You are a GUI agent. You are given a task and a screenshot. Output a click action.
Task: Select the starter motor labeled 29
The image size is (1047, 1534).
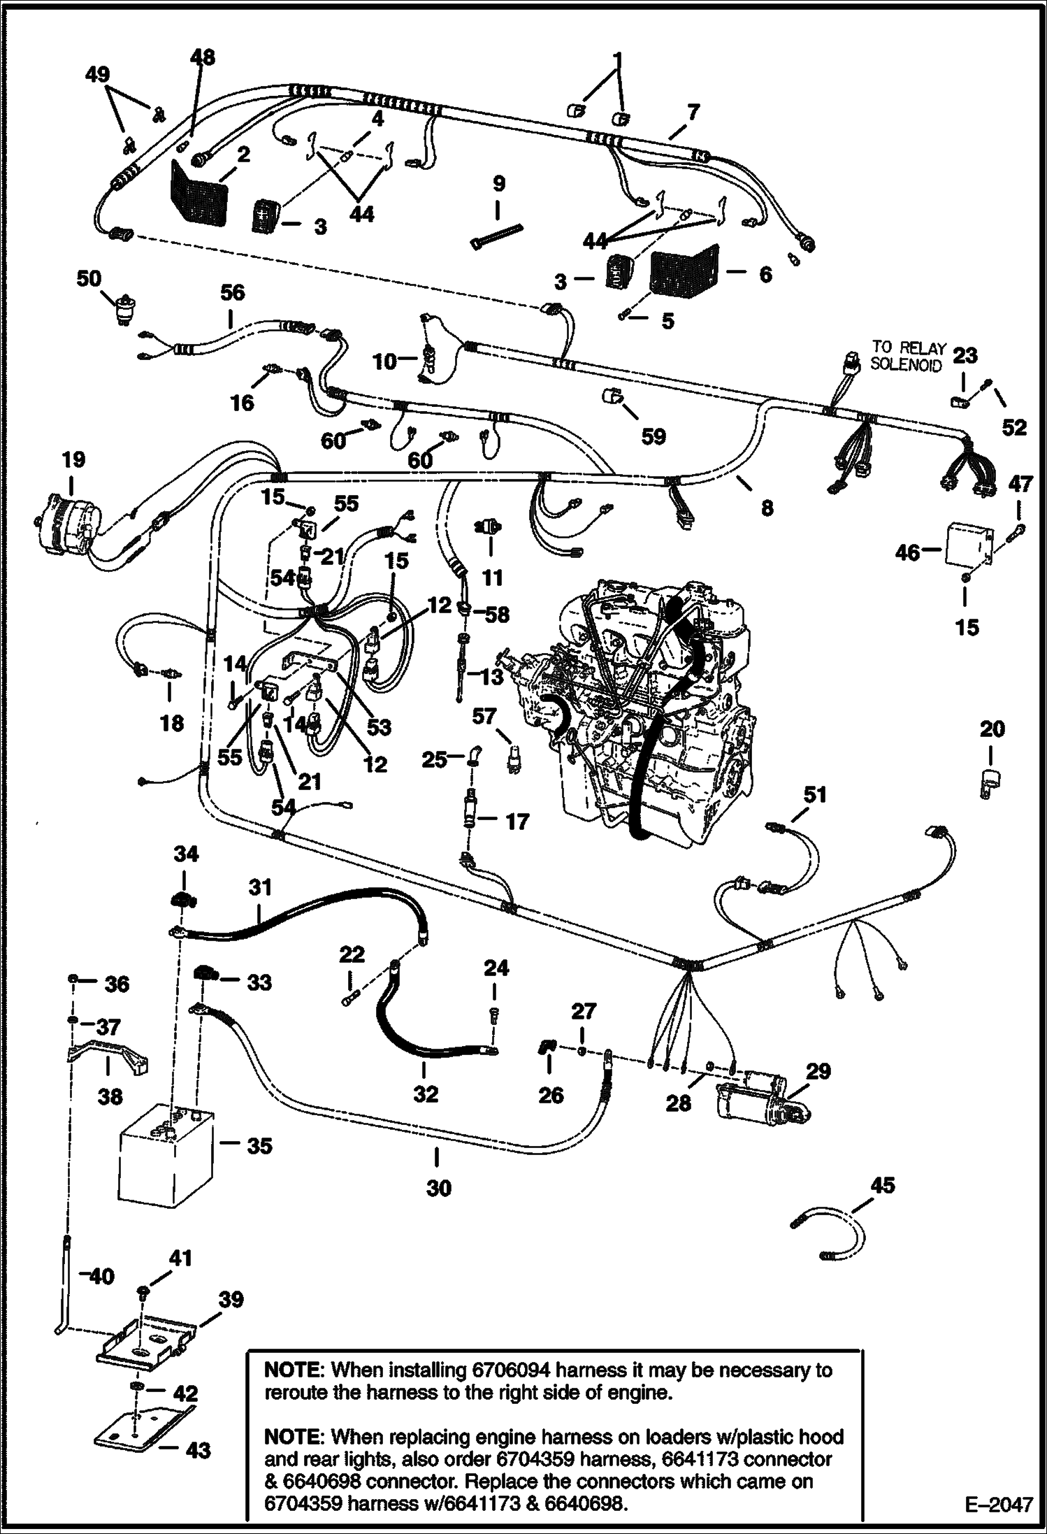[x=760, y=1104]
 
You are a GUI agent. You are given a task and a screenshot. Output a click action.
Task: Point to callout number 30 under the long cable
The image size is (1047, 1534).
[x=439, y=1187]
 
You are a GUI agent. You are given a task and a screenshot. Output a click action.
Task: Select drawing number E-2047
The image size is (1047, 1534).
[x=997, y=1505]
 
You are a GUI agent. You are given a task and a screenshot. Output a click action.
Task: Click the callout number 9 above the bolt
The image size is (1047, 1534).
[x=498, y=184]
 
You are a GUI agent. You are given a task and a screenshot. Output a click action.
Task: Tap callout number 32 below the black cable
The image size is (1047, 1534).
[x=425, y=1094]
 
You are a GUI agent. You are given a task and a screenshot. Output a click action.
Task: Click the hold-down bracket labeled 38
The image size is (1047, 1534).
[x=108, y=1051]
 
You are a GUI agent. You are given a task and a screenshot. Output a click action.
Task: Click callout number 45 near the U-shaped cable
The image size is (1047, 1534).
[x=883, y=1184]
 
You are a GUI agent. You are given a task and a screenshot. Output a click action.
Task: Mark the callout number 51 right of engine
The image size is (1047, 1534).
[x=814, y=796]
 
